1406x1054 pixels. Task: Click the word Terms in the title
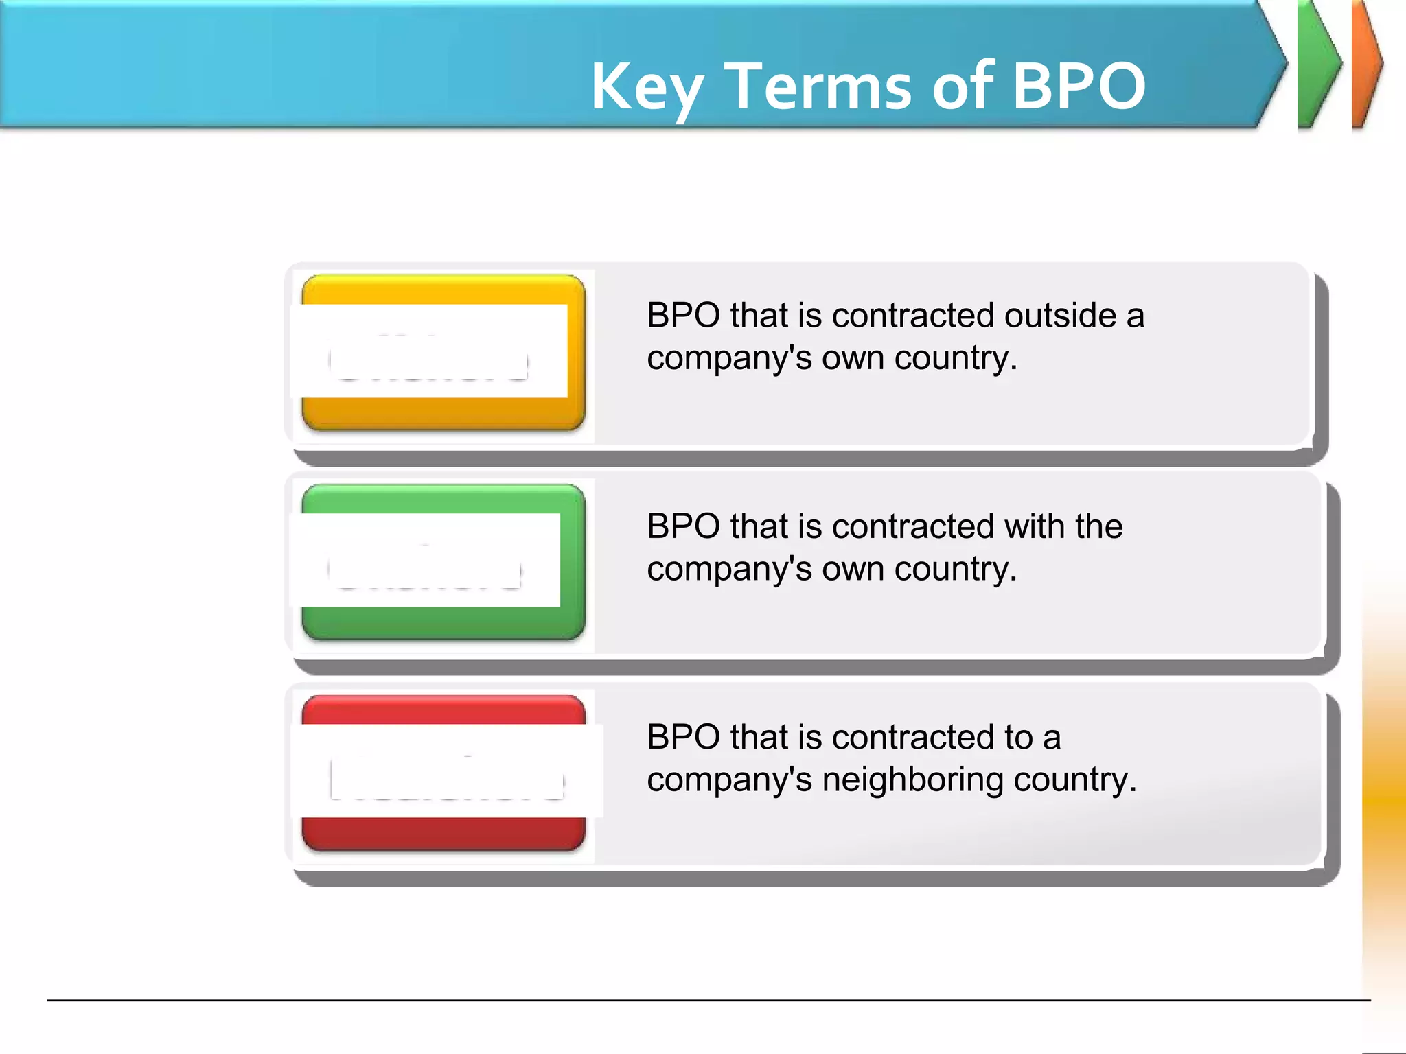pos(818,86)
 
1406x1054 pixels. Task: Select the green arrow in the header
pos(1318,64)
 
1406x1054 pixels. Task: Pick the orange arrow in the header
pos(1366,64)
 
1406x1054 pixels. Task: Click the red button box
pos(443,834)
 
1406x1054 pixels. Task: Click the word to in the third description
pos(1018,737)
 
